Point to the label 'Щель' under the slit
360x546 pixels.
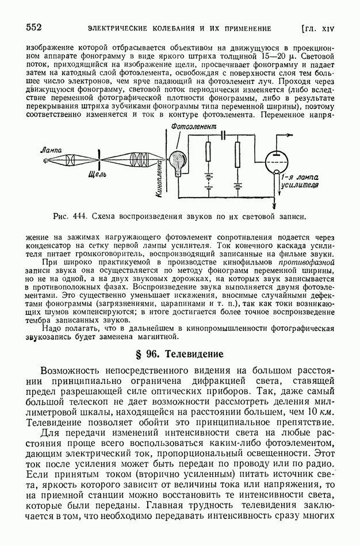click(x=95, y=173)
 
